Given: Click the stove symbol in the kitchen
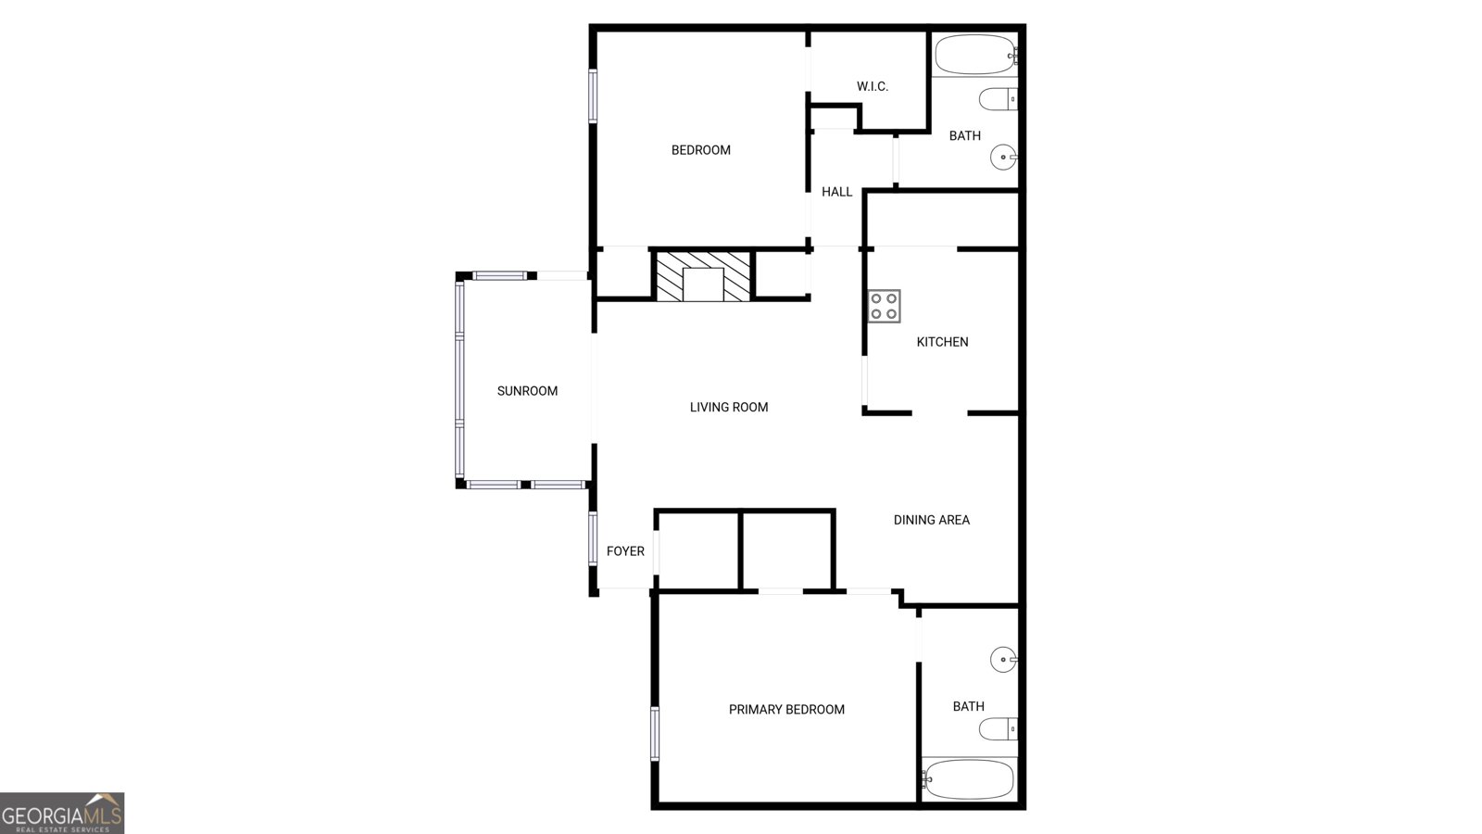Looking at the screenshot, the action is coord(884,306).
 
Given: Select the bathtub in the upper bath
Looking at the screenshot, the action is coord(975,55).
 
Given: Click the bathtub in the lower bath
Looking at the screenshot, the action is coord(969,779).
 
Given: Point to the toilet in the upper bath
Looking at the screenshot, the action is coord(998,99).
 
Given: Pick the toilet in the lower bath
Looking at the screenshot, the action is coord(998,728).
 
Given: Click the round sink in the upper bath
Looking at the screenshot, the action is coord(1003,158).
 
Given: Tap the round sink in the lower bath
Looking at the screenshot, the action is coord(1003,659).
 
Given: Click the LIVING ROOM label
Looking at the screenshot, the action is coord(728,407).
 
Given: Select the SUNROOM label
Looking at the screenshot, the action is coord(527,391).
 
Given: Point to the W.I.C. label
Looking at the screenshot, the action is coord(872,86).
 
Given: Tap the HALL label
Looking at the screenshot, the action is coord(837,192).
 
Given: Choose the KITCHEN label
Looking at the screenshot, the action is coord(942,342).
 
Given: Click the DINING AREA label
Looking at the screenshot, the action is coord(932,520).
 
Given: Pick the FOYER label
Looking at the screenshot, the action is coord(625,551).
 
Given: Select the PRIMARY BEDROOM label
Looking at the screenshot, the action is coord(786,710).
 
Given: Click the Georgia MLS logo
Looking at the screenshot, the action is coord(62,813).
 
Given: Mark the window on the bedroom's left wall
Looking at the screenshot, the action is coord(593,96).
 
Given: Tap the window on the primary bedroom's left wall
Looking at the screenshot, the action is coord(655,733).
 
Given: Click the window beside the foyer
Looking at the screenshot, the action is coord(593,538).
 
